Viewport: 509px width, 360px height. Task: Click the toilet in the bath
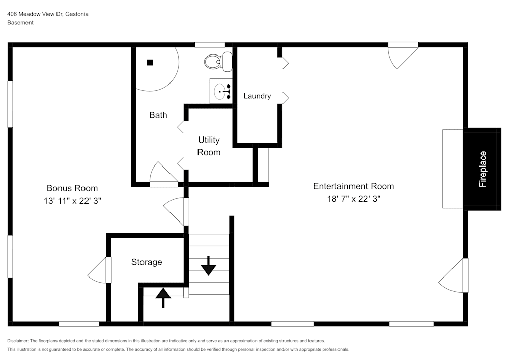(x=218, y=62)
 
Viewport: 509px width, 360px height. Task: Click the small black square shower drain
(x=150, y=63)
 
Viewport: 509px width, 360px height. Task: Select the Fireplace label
(x=483, y=169)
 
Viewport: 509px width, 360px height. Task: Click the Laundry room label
(x=257, y=96)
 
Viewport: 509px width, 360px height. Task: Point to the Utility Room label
(x=209, y=146)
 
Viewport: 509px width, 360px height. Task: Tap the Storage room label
(x=147, y=262)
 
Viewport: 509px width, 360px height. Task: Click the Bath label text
(x=158, y=115)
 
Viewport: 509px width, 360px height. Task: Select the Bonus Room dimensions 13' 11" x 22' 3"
(x=72, y=201)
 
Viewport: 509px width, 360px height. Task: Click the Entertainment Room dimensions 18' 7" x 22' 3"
(x=353, y=199)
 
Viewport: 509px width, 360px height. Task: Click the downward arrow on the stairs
(x=208, y=266)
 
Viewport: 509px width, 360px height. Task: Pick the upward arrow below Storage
(x=163, y=297)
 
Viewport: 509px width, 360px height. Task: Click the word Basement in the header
(x=20, y=23)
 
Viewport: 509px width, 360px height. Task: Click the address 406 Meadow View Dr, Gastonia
(x=48, y=14)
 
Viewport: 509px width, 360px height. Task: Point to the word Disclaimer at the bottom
(x=18, y=341)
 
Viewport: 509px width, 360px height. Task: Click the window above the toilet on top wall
(x=210, y=45)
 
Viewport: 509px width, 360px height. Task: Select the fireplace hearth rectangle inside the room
(x=453, y=169)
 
